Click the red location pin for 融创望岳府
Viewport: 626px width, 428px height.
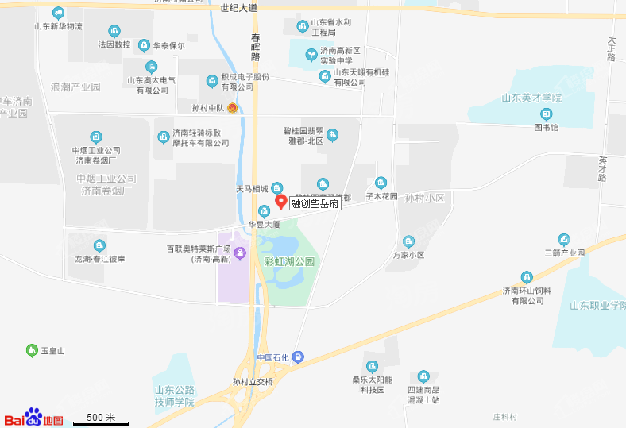(280, 202)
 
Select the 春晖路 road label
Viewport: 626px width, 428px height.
(255, 47)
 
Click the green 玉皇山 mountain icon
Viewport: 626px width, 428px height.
(32, 350)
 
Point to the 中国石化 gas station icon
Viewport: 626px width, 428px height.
(298, 357)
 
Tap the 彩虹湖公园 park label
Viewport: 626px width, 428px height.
(290, 261)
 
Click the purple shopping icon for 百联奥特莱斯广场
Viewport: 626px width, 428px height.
(241, 253)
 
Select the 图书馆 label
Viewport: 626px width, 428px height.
(546, 127)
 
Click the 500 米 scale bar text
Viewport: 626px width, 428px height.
(101, 418)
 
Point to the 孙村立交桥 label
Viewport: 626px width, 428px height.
(253, 382)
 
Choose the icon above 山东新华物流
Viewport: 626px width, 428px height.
(58, 13)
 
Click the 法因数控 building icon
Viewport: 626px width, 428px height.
(114, 32)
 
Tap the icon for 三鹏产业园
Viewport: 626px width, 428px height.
(564, 239)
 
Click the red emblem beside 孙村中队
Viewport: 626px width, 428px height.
(232, 107)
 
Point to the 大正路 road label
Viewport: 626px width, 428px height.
(611, 48)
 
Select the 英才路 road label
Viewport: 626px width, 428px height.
(602, 168)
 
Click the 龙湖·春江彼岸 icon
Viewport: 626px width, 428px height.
(99, 246)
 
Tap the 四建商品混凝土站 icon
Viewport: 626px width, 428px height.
(423, 376)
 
